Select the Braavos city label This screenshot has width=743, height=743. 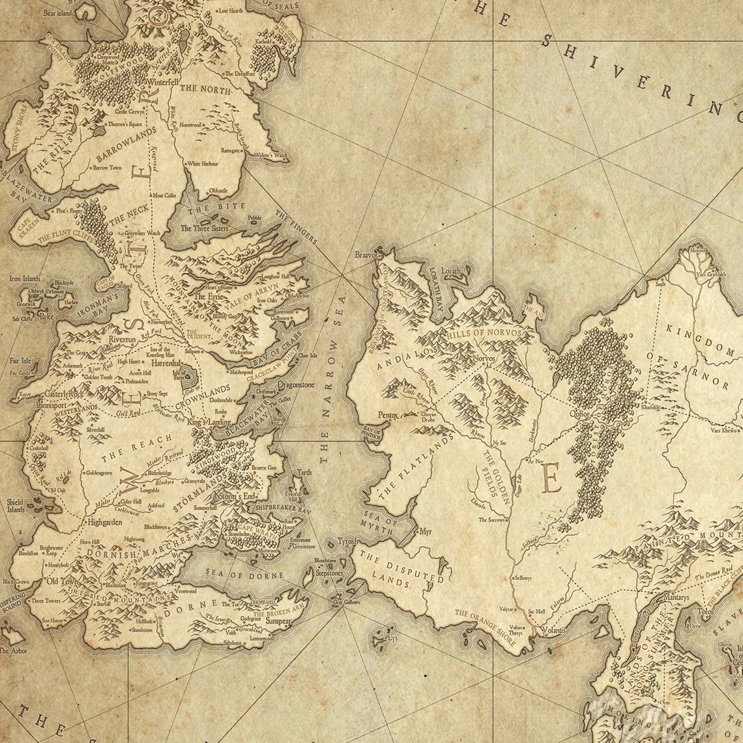[366, 255]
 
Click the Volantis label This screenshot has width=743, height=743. [552, 631]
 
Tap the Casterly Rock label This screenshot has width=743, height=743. [64, 394]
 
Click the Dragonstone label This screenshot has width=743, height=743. [295, 385]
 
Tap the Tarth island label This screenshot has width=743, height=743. [304, 472]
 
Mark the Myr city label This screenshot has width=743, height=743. [426, 532]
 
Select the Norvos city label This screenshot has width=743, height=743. [484, 358]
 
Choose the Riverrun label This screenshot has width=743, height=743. [123, 340]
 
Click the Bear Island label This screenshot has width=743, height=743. [57, 12]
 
